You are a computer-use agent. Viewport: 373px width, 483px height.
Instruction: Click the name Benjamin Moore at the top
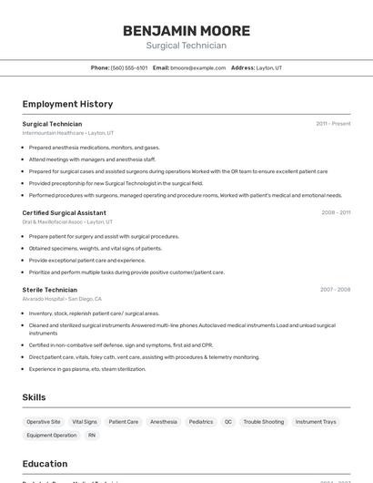[186, 30]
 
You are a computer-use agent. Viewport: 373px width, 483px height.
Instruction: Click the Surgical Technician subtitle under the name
[186, 46]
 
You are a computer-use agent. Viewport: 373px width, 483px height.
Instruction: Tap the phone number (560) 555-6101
[129, 67]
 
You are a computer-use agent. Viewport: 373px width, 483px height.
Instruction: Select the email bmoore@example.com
[198, 67]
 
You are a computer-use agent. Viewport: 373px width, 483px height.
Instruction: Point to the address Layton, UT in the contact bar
[269, 67]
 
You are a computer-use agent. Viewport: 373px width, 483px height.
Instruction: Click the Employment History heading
[67, 104]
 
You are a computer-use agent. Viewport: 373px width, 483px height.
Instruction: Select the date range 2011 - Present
[333, 123]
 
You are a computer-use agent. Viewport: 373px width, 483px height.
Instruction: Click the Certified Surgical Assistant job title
[64, 212]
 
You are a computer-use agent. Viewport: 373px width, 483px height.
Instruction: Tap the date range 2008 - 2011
[336, 212]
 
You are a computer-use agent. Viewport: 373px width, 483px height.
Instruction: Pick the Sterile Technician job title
[50, 290]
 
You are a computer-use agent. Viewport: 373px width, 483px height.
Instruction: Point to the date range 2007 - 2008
[335, 290]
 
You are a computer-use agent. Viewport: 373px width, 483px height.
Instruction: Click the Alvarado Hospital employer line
[62, 299]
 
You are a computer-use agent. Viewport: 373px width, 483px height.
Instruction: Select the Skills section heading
[35, 397]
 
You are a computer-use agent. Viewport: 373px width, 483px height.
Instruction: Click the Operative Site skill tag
[44, 422]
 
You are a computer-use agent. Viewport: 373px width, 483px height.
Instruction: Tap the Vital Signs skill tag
[85, 422]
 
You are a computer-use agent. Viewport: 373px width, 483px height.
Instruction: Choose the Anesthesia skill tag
[164, 422]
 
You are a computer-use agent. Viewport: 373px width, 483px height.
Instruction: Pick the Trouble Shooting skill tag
[264, 422]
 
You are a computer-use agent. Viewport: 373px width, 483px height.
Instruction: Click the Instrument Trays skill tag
[316, 422]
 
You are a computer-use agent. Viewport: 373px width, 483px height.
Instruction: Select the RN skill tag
[92, 436]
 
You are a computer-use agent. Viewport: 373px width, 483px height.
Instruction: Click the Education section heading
[45, 463]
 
